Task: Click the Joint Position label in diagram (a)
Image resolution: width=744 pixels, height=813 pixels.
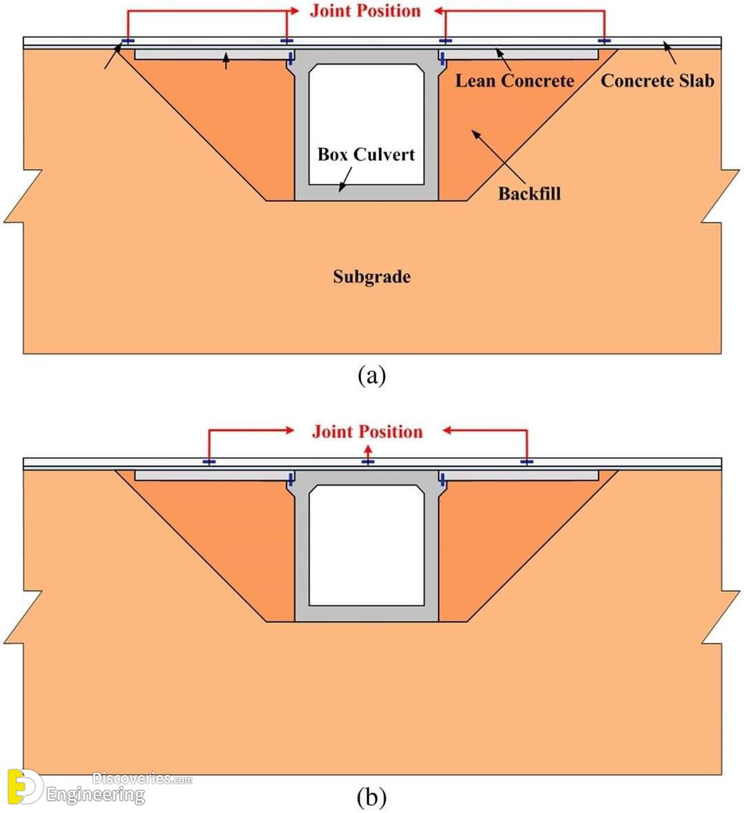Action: (366, 11)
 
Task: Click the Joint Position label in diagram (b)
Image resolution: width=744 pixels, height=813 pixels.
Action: (367, 432)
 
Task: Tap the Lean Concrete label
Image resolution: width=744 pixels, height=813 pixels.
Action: (515, 81)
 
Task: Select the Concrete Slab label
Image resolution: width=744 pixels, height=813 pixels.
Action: (657, 81)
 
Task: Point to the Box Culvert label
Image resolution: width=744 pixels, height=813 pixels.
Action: (366, 154)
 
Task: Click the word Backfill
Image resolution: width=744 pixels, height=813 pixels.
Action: (529, 194)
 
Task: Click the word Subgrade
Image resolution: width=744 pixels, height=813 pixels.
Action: (372, 277)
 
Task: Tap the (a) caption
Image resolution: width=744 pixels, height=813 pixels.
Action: (372, 375)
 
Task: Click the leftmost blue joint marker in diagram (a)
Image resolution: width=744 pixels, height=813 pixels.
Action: (127, 41)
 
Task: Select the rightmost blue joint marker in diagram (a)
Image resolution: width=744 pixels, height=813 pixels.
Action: (604, 41)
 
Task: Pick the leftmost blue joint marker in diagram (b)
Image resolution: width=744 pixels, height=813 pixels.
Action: (209, 462)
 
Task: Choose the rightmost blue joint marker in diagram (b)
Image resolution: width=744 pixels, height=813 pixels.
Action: (527, 462)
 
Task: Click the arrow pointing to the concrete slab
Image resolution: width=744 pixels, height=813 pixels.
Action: (670, 53)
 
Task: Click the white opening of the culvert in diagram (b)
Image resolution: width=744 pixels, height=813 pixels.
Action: (366, 546)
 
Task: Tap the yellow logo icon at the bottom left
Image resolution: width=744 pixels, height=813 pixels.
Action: (24, 785)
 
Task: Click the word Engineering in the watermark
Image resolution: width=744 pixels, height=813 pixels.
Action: (96, 795)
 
